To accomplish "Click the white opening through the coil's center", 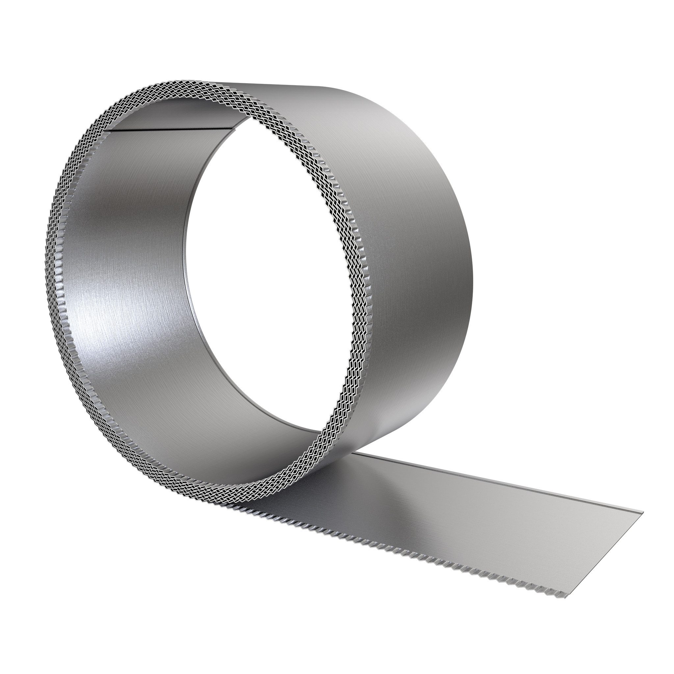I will (x=258, y=279).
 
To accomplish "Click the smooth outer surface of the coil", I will (x=401, y=227).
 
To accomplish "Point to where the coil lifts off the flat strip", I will (x=352, y=454).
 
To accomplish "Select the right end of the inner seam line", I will (x=237, y=128).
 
